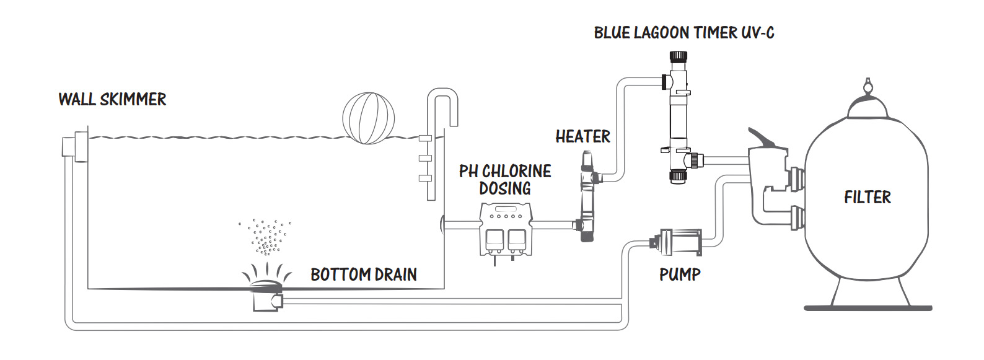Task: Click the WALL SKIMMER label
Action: point(112,100)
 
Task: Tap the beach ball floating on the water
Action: point(369,118)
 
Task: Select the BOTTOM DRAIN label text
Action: point(364,275)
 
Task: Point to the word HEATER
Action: point(583,136)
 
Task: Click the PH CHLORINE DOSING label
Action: point(505,180)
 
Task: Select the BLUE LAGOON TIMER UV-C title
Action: point(684,33)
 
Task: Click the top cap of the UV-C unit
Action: point(678,56)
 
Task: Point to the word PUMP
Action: point(680,275)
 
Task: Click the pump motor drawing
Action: point(676,242)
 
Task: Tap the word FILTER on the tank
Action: point(868,197)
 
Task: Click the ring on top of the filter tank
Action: point(868,84)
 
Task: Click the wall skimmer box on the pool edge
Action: point(76,146)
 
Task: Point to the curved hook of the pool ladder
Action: point(442,99)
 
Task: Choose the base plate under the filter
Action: point(868,308)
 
